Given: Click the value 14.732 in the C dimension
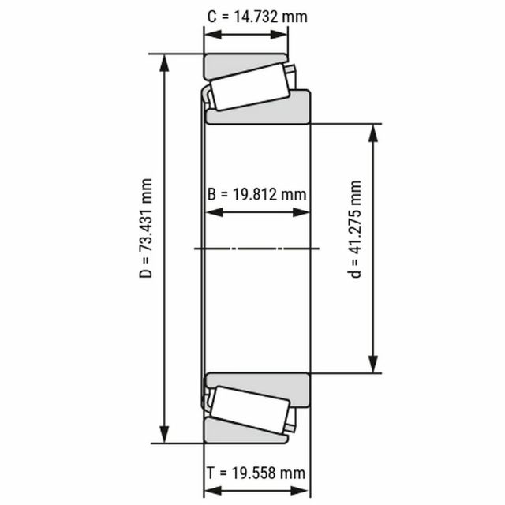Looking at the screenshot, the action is [254, 17].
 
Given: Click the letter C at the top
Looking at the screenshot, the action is [212, 17].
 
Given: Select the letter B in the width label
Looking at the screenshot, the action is [211, 195].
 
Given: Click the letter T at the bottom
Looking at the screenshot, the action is [211, 473].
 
